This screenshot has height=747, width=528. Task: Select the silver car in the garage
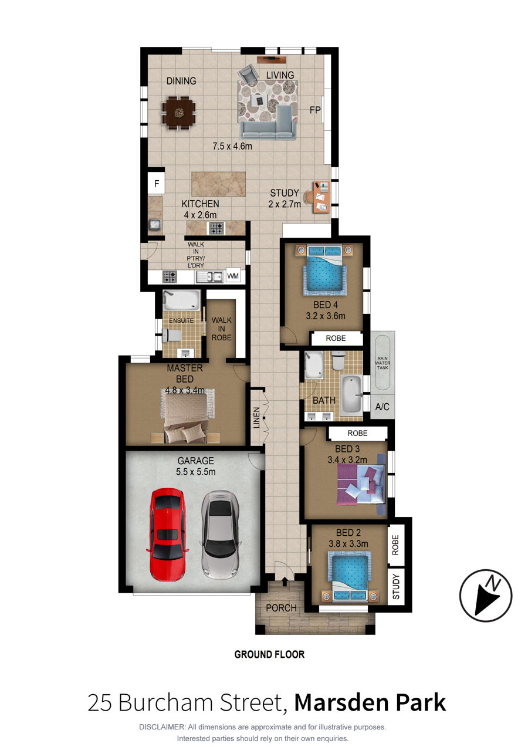(219, 535)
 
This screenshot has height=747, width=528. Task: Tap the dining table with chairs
(179, 113)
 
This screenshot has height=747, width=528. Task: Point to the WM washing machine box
(233, 276)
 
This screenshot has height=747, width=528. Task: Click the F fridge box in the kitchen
(156, 183)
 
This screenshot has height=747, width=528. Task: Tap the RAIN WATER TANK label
(383, 363)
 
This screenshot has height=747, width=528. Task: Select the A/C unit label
(382, 407)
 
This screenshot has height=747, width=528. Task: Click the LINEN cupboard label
(256, 418)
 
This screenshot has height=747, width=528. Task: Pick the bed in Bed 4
(325, 270)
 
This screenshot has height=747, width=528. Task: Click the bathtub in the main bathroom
(351, 395)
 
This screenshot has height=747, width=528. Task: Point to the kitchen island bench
(218, 184)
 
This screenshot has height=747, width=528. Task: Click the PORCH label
(281, 608)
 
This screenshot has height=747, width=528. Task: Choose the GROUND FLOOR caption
(269, 654)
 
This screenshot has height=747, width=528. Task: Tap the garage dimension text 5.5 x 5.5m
(196, 472)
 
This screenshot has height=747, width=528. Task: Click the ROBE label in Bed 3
(357, 433)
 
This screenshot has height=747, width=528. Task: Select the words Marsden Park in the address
(370, 702)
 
